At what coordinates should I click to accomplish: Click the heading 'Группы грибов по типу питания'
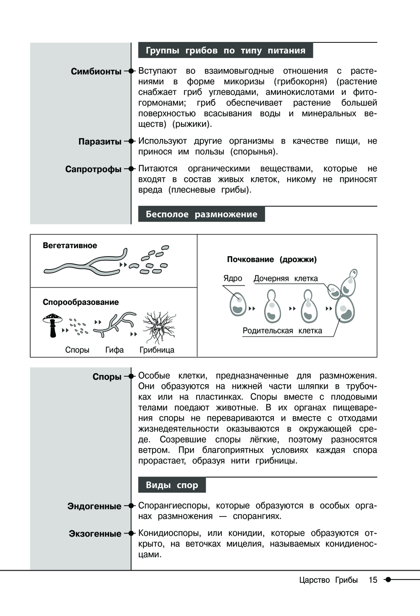pos(225,50)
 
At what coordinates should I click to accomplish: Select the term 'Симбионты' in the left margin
pos(96,71)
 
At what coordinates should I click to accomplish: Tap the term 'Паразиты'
pos(100,142)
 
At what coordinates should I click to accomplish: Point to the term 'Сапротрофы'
pos(93,169)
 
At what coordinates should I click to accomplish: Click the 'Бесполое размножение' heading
pos(201,214)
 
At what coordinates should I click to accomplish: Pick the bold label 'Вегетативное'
pos(70,246)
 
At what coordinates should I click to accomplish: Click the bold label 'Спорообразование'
pos(81,302)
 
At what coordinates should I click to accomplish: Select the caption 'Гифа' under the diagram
pos(114,350)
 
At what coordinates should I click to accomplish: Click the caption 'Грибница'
pos(157,350)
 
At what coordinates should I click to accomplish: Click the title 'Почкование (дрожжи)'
pos(272,260)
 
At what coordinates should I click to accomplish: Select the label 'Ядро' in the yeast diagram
pos(233,278)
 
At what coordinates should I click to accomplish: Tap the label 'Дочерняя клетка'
pos(286,278)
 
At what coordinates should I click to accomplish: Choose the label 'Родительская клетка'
pos(282,331)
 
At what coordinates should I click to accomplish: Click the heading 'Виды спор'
pos(172,485)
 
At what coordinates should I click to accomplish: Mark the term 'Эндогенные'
pos(94,506)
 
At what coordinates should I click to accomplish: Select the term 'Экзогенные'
pos(95,534)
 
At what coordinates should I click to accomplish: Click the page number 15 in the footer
pos(373,580)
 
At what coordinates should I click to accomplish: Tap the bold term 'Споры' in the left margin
pos(107,377)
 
